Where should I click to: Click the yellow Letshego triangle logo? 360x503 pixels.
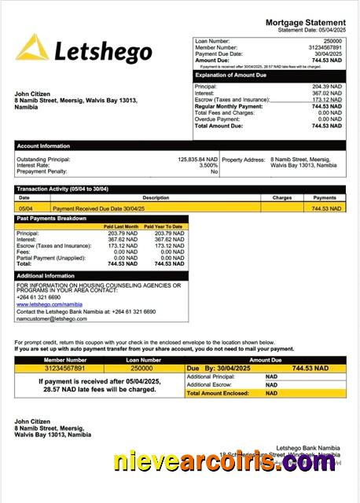32,49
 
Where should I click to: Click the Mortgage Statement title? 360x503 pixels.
305,23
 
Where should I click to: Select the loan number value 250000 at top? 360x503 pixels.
332,40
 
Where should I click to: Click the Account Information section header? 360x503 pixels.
44,145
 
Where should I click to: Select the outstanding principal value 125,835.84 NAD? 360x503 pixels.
197,160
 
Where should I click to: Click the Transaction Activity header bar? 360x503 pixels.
63,189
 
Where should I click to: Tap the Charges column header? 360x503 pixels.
282,198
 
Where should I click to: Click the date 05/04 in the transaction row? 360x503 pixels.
24,208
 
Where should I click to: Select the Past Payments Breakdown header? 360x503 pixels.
52,218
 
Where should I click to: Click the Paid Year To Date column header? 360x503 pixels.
167,226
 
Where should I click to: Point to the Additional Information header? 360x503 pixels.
46,276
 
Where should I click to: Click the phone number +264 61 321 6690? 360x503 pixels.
39,298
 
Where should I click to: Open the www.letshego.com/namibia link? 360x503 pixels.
49,304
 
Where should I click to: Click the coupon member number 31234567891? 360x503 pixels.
64,368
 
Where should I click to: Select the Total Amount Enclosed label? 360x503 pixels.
218,393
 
